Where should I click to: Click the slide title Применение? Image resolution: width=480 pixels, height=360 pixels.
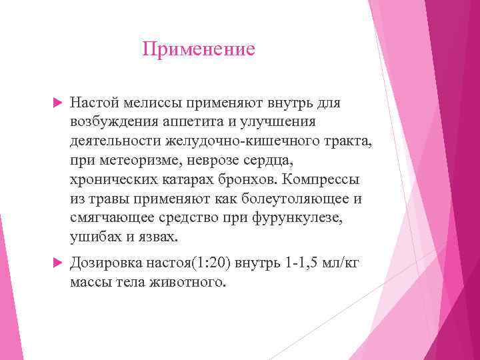click(x=199, y=50)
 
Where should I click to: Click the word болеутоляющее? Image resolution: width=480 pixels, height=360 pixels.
click(x=285, y=199)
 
